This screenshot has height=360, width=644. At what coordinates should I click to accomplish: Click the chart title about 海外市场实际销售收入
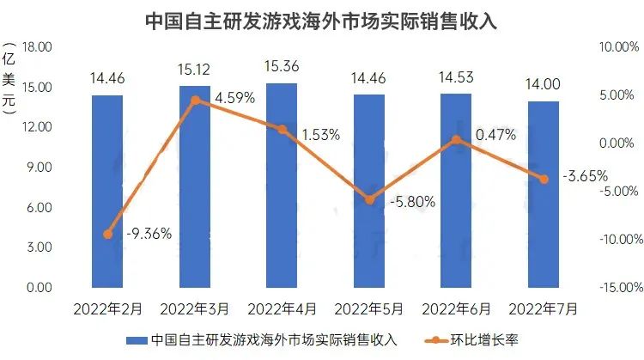[322, 20]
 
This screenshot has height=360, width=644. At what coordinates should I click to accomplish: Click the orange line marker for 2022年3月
[195, 100]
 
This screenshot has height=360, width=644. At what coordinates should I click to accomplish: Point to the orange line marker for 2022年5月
[369, 199]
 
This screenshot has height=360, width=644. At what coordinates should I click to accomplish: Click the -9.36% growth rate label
[149, 233]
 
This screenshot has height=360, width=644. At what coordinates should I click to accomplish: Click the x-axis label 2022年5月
[368, 307]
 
